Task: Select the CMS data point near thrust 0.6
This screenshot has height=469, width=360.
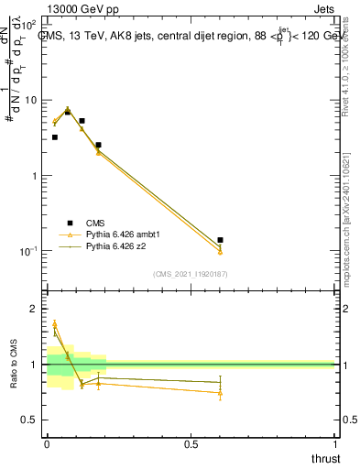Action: point(220,240)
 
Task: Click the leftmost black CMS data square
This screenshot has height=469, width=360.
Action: point(55,137)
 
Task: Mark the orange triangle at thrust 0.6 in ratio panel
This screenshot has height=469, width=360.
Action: point(220,393)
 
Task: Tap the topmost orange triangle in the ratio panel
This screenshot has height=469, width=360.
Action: point(55,323)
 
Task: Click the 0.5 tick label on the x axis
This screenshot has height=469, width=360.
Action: point(191,444)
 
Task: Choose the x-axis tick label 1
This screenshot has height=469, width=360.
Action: point(334,444)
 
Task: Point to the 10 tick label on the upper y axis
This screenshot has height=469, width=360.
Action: point(29,99)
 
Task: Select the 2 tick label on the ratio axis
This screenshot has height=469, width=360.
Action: point(35,310)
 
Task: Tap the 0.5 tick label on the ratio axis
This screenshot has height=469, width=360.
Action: point(29,420)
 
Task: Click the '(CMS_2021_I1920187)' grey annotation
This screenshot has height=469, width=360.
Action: point(191,273)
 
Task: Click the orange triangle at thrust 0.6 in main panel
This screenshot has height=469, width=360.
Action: point(220,250)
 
